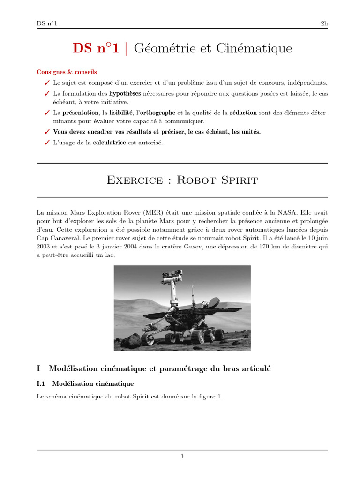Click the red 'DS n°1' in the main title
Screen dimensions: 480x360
[97, 48]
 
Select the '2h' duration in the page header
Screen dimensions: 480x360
[324, 23]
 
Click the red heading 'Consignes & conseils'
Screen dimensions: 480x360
[67, 72]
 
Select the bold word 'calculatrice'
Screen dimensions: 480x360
[110, 142]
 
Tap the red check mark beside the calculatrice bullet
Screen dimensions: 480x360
[46, 142]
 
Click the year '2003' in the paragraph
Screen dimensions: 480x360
[45, 247]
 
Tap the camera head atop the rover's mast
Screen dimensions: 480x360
[177, 273]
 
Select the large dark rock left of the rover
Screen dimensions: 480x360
[133, 339]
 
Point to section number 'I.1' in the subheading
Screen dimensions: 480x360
[41, 383]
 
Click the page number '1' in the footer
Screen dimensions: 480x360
[182, 456]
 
